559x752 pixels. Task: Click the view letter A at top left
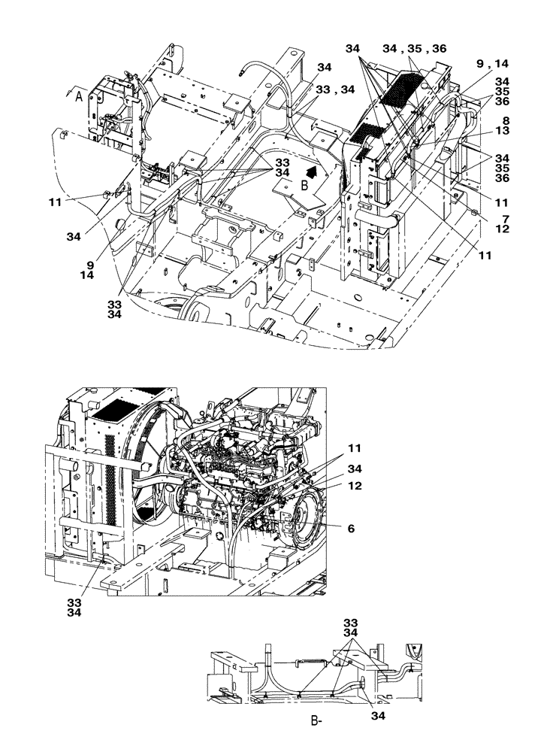(x=80, y=95)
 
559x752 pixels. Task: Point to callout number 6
(x=352, y=529)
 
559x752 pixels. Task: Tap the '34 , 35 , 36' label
(x=413, y=48)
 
